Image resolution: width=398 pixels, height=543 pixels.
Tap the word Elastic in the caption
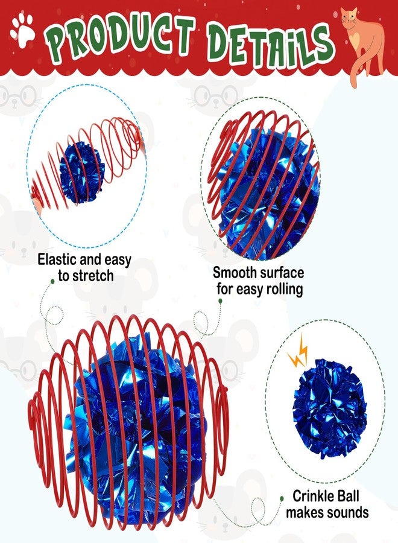(57, 259)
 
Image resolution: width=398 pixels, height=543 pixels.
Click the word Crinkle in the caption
(314, 496)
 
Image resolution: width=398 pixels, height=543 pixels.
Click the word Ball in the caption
(348, 496)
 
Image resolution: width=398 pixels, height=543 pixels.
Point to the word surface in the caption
(282, 273)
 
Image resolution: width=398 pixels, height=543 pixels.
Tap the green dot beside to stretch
(52, 282)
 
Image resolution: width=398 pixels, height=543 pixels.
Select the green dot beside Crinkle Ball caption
(282, 498)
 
